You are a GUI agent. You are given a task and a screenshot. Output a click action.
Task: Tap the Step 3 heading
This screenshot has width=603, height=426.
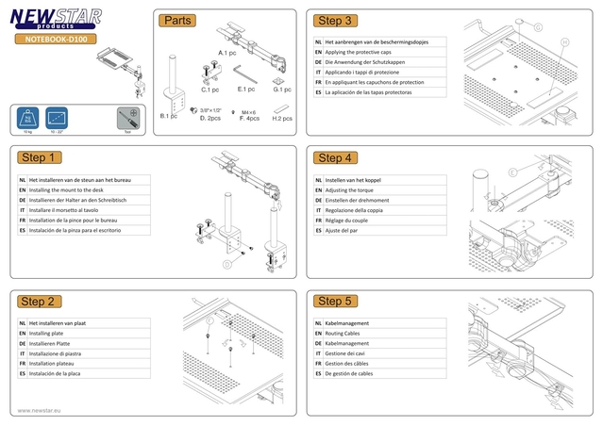point(335,21)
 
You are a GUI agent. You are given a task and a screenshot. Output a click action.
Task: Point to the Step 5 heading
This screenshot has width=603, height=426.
point(335,301)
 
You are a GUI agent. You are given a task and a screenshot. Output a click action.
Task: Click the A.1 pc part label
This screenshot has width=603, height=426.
point(227,53)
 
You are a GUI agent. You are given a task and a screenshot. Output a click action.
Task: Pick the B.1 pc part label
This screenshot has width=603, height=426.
point(168,116)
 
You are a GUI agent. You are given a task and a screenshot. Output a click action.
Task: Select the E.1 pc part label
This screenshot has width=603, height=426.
point(246,90)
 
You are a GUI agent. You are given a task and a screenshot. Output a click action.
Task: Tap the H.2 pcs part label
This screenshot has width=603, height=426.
point(281,119)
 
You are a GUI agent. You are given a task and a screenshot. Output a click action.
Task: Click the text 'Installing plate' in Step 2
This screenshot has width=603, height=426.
point(47,334)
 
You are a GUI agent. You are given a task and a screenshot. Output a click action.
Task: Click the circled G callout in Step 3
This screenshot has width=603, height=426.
point(538,27)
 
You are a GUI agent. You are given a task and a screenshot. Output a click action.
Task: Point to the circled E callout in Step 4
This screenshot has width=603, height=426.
point(512,172)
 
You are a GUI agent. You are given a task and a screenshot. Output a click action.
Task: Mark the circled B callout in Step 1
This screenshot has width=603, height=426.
point(226,265)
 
